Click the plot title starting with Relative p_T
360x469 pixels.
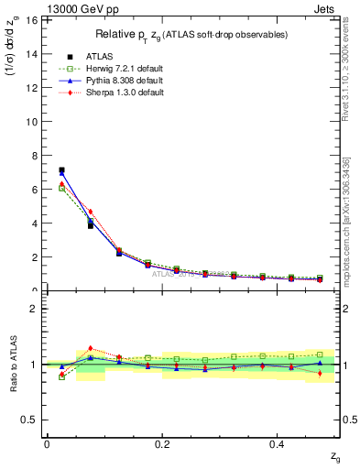pyautogui.click(x=191, y=34)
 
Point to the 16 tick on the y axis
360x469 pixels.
pyautogui.click(x=32, y=19)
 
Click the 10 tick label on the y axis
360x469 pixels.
pyautogui.click(x=32, y=121)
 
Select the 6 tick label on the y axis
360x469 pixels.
pyautogui.click(x=35, y=189)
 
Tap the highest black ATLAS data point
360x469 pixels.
pyautogui.click(x=61, y=170)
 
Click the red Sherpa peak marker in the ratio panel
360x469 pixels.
pyautogui.click(x=90, y=348)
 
